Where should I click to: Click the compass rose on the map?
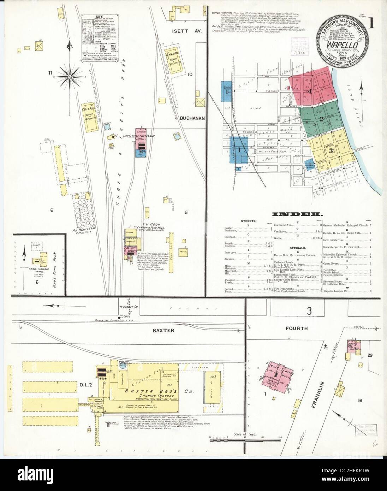(x=70, y=75)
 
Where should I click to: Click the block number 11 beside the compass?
(x=52, y=73)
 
